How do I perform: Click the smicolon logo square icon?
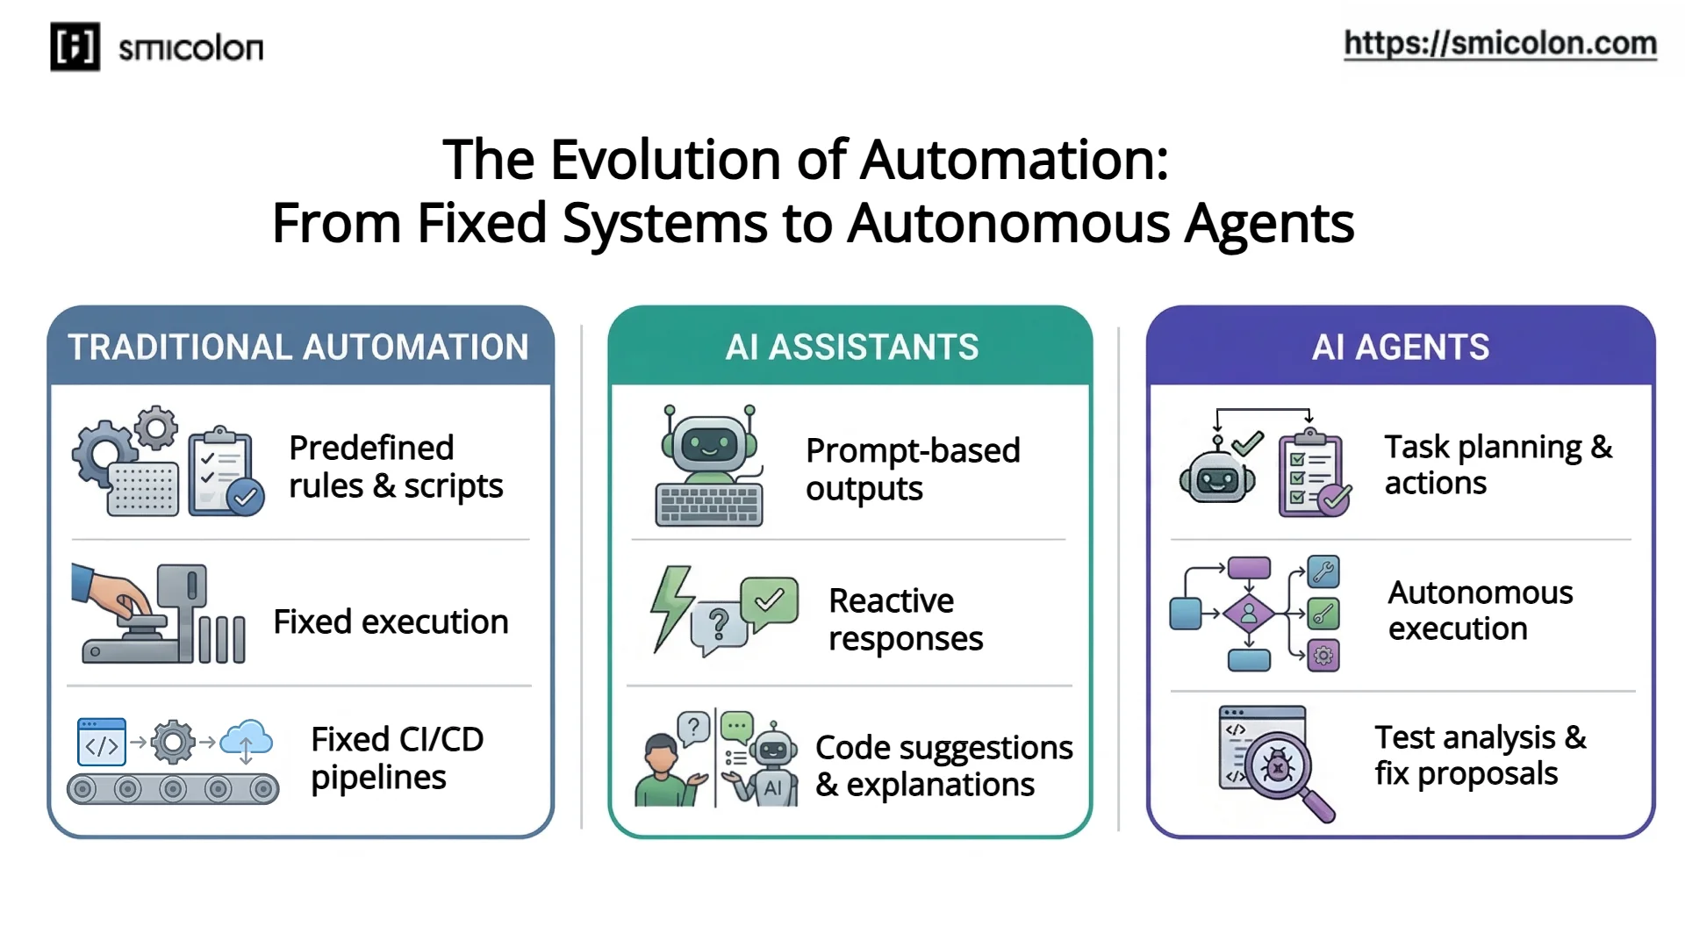[x=75, y=47]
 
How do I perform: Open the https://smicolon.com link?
[x=1499, y=43]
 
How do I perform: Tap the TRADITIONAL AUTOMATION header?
[x=298, y=348]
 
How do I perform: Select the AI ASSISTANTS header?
[x=851, y=348]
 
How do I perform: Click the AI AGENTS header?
[x=1400, y=348]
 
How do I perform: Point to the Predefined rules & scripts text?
[x=395, y=467]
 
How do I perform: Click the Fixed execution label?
[x=391, y=622]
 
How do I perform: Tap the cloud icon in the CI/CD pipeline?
[x=247, y=740]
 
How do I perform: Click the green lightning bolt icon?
[x=671, y=606]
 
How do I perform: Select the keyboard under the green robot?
[x=709, y=506]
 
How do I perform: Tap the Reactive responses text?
[x=905, y=620]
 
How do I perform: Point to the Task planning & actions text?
[x=1497, y=465]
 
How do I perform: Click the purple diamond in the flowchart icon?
[x=1249, y=614]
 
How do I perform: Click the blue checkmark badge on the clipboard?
[x=246, y=498]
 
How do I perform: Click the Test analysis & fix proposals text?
[x=1480, y=756]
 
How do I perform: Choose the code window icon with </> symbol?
[x=101, y=743]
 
